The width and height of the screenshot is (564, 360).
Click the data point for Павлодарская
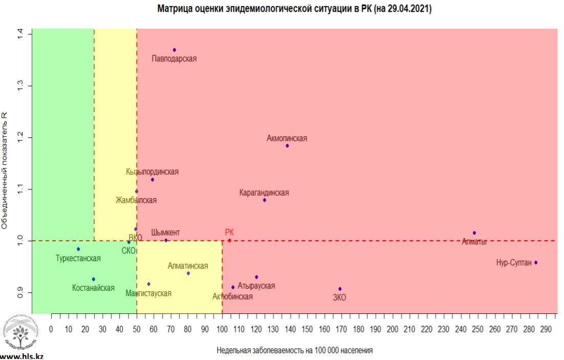(x=175, y=50)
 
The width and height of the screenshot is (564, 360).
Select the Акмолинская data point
(x=287, y=145)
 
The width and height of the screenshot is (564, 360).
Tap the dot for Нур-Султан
(x=536, y=262)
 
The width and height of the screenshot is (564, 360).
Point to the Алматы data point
(x=474, y=233)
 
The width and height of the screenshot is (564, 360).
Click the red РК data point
(x=229, y=240)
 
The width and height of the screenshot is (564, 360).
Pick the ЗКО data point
(x=340, y=289)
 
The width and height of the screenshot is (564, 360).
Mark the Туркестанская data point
(x=78, y=249)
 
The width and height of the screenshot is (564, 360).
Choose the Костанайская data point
(x=94, y=279)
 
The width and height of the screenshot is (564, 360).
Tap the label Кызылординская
(x=153, y=172)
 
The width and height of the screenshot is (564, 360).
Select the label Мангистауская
(x=148, y=293)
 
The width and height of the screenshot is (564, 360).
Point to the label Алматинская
(x=188, y=266)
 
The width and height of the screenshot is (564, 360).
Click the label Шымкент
(x=165, y=232)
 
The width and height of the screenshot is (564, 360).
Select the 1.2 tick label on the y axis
(x=20, y=138)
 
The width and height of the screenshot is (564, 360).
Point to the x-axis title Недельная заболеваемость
(x=294, y=351)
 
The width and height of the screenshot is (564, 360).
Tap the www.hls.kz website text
(x=21, y=355)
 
